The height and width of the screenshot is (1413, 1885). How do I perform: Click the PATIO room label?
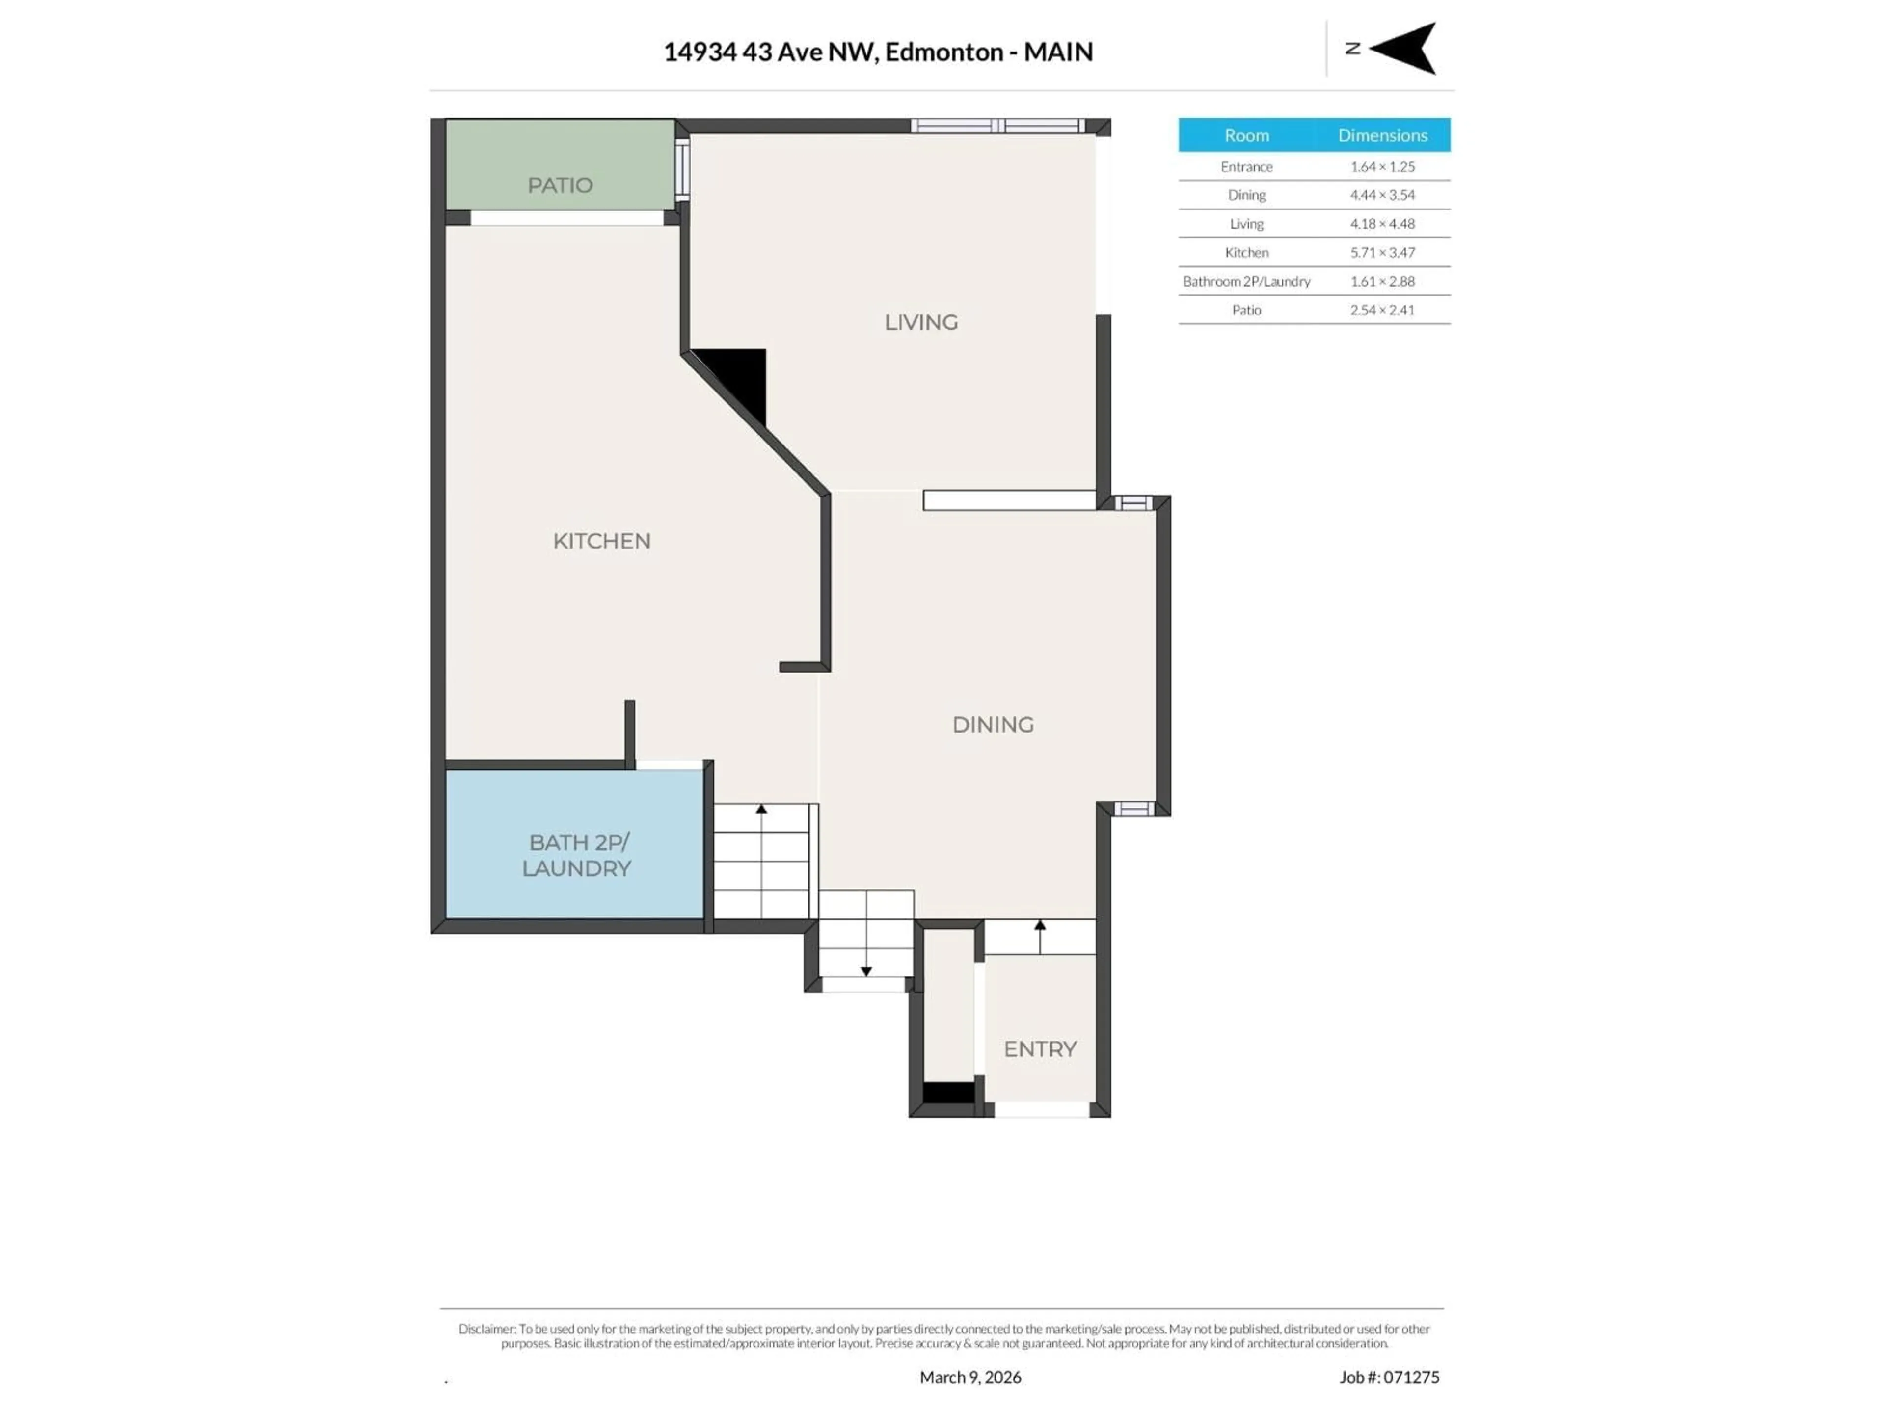560,185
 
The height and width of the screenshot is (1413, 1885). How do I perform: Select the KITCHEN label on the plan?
602,541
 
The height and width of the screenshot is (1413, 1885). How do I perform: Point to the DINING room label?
993,724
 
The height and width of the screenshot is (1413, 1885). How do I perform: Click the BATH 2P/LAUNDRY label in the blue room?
577,855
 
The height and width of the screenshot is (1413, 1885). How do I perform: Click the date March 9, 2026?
970,1377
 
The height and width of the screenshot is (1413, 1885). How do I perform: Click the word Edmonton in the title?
943,52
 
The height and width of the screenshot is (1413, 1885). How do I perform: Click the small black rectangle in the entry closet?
948,1093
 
